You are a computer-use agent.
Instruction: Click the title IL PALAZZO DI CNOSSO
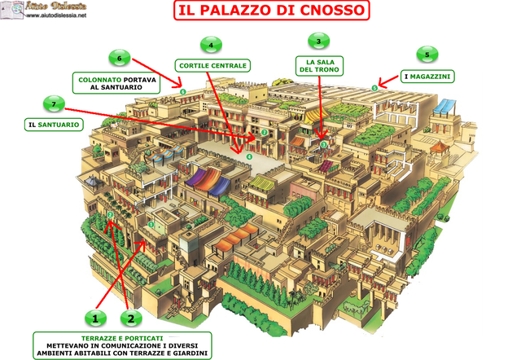tap(271, 11)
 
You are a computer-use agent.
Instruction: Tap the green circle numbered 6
tap(120, 59)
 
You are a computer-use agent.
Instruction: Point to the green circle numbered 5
tap(425, 56)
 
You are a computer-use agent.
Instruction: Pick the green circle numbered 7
tap(54, 104)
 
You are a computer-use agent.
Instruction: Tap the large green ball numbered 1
tap(95, 318)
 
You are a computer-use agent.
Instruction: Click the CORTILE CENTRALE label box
tap(212, 65)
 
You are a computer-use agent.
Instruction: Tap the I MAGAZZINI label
tap(428, 77)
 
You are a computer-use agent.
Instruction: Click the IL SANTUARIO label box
tap(53, 125)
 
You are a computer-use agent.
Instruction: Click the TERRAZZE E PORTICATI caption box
tap(122, 345)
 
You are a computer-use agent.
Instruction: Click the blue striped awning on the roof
tap(444, 107)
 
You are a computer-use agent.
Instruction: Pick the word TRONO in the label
tap(327, 71)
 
